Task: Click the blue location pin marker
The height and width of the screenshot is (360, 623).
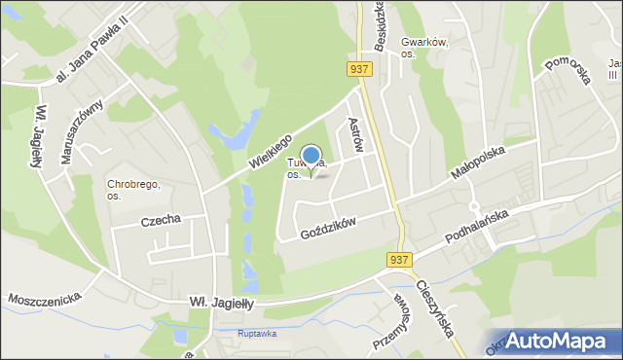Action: [311, 157]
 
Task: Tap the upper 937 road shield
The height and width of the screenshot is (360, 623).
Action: [357, 67]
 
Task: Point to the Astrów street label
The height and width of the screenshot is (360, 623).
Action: [356, 134]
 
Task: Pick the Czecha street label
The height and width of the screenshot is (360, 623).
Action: [161, 220]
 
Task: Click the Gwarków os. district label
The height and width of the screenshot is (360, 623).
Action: [424, 49]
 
